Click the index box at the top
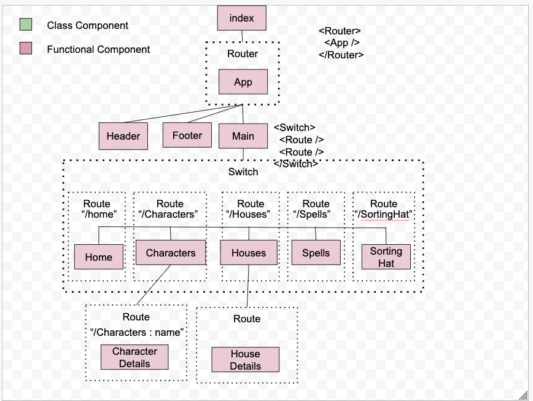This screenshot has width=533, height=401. pos(242,18)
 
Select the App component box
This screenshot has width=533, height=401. pos(243,82)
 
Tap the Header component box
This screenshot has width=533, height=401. pos(123,136)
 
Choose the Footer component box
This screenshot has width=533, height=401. pos(187,135)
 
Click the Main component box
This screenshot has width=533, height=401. pos(243,136)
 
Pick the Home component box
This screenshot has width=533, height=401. pos(99,257)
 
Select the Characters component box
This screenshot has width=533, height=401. pos(171,253)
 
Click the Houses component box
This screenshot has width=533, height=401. pos(249,253)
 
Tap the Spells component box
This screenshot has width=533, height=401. pos(316,253)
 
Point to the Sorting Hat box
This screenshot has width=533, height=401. pos(386,257)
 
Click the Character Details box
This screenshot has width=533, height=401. pos(134,357)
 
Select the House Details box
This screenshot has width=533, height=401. pos(245,360)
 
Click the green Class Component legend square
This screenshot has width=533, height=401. pos(26,25)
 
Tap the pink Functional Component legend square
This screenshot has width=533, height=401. pos(26,49)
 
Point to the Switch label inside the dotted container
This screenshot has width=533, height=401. pos(243,172)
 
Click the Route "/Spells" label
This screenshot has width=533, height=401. pos(316,209)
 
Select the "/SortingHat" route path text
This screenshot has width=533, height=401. pos(384,214)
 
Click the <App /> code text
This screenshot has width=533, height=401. pos(341,42)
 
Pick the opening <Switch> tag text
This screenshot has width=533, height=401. pos(294,127)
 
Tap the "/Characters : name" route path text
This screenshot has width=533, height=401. pos(137,332)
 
